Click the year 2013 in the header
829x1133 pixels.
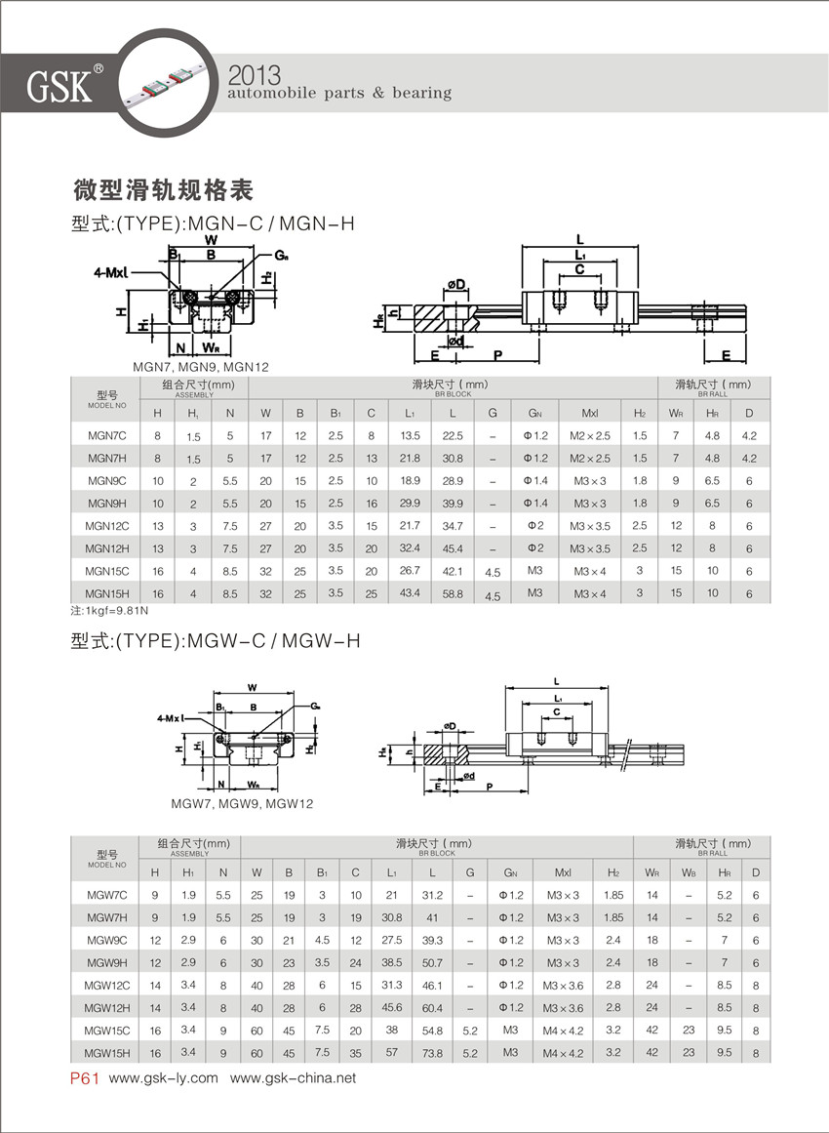pyautogui.click(x=254, y=74)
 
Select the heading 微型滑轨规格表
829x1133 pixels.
pyautogui.click(x=164, y=188)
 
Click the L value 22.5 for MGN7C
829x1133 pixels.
pyautogui.click(x=453, y=435)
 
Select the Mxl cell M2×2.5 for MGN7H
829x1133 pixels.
pyautogui.click(x=590, y=458)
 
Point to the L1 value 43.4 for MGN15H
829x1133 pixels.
pyautogui.click(x=411, y=592)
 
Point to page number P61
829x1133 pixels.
pyautogui.click(x=85, y=1078)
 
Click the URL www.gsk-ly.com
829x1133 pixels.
pyautogui.click(x=164, y=1078)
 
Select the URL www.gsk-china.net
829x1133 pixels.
pyautogui.click(x=293, y=1078)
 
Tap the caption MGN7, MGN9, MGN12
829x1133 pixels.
pyautogui.click(x=200, y=367)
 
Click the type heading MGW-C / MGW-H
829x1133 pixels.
pyautogui.click(x=217, y=641)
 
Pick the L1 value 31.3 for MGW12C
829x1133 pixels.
pyautogui.click(x=392, y=986)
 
